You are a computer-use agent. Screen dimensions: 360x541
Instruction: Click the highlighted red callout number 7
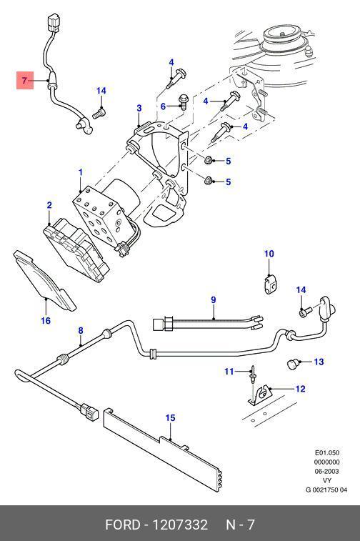(x=24, y=81)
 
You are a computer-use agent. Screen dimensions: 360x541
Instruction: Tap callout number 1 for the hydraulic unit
(x=81, y=172)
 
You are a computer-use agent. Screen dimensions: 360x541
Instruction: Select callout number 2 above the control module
(x=49, y=205)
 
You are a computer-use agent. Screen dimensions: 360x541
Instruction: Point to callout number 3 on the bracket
(x=139, y=109)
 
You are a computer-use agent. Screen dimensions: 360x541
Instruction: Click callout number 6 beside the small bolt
(x=163, y=106)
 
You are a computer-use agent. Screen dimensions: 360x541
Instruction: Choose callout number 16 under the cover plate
(x=46, y=321)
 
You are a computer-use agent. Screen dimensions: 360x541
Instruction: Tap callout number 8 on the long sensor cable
(x=81, y=331)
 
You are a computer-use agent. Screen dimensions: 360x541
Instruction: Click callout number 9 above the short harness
(x=214, y=300)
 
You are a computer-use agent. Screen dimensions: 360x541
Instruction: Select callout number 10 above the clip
(x=269, y=254)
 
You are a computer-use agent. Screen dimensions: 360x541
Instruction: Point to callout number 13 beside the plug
(x=319, y=362)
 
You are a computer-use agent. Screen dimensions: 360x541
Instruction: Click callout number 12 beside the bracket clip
(x=300, y=389)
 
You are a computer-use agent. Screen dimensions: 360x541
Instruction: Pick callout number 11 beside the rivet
(x=229, y=372)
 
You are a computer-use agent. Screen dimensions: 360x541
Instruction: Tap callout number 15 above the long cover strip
(x=170, y=418)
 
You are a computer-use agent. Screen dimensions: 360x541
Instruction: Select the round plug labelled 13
(x=293, y=364)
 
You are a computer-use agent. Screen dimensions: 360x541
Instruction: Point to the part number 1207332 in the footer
(x=180, y=525)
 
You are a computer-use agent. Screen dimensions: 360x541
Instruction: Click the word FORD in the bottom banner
(x=123, y=525)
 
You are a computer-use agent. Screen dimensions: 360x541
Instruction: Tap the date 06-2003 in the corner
(x=326, y=471)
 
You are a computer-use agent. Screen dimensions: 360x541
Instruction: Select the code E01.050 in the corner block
(x=327, y=452)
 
